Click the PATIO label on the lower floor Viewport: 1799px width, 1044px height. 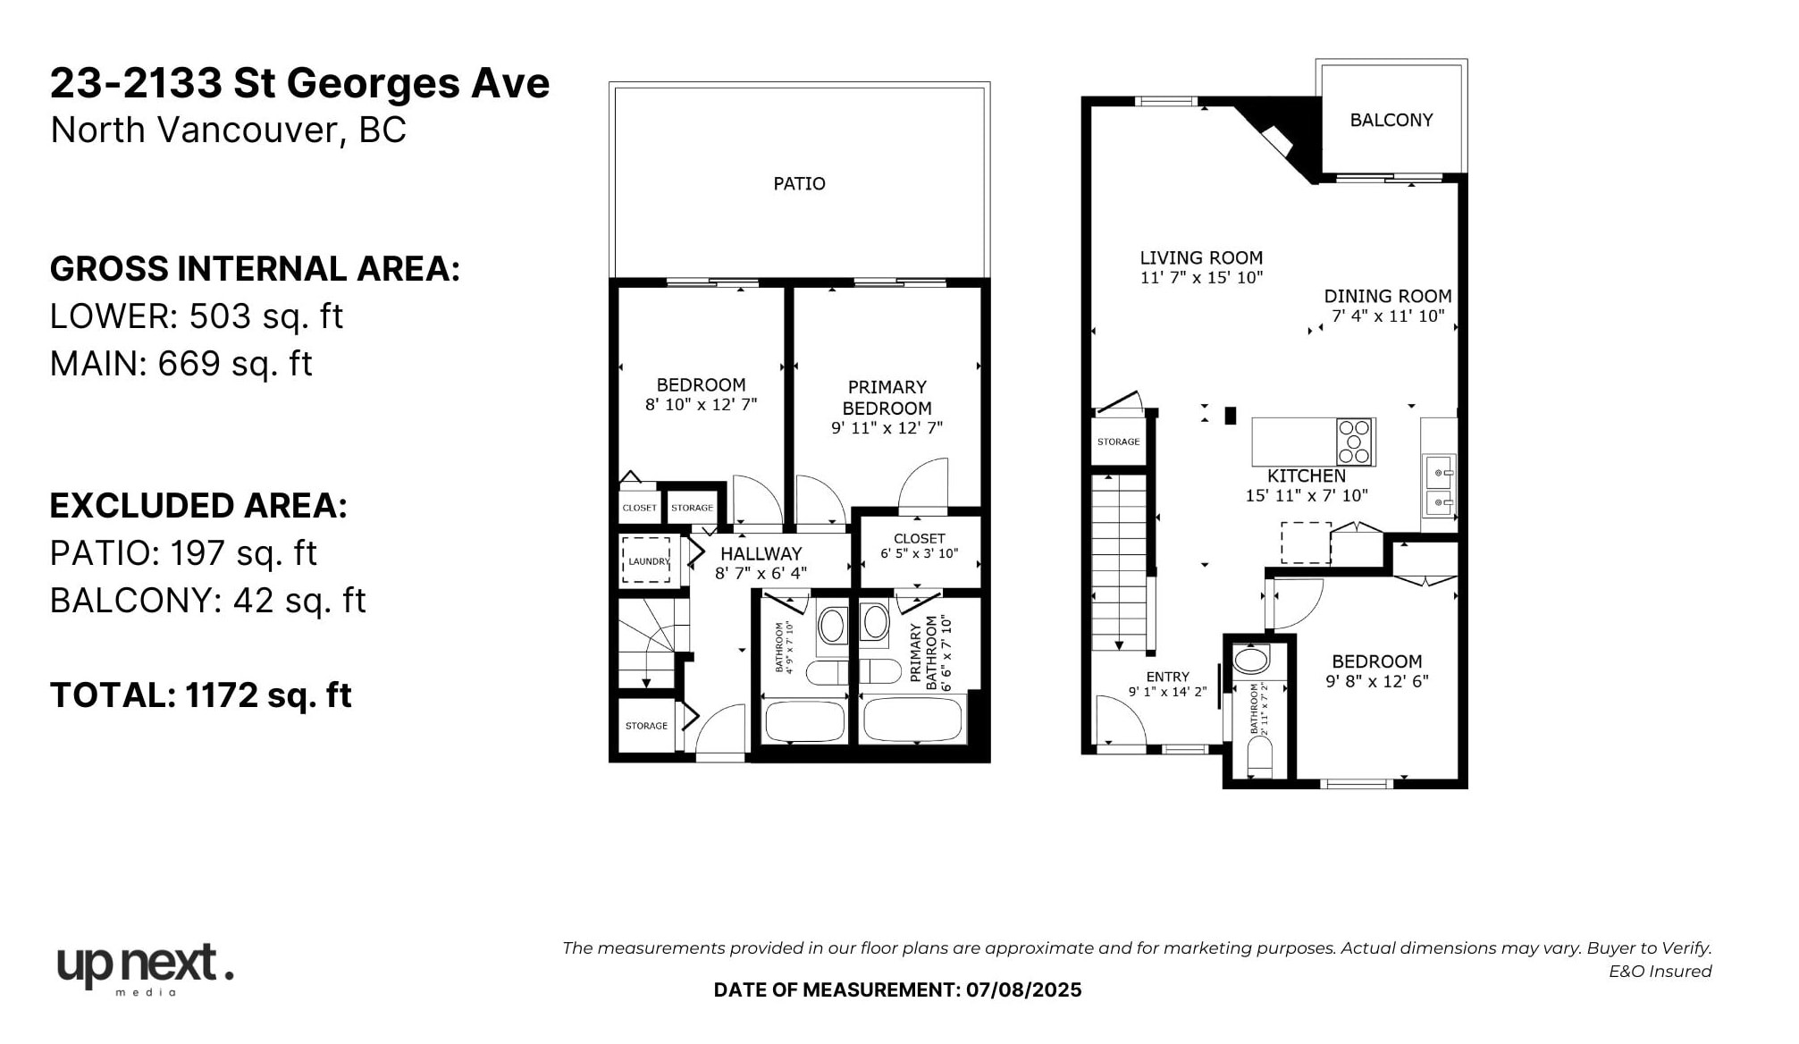799,183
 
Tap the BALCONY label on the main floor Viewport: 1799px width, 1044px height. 1391,120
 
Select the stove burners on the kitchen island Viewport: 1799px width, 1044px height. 1354,442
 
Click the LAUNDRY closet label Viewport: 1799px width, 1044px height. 648,561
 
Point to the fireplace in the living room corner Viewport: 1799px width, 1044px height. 1278,140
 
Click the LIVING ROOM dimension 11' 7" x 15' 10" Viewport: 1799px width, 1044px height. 1200,278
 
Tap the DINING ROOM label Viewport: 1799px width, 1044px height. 1387,296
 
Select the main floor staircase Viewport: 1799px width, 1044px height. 1119,563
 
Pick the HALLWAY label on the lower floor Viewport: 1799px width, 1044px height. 761,553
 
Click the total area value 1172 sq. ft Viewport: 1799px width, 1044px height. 268,695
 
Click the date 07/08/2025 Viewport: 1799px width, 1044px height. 1023,989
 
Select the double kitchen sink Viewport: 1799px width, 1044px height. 1439,487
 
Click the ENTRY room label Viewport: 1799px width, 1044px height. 1167,677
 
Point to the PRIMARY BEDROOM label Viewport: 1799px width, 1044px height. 887,398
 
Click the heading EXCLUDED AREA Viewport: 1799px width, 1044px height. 198,506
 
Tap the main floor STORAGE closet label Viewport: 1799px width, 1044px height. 1118,442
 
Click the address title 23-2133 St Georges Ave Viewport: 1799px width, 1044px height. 299,83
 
